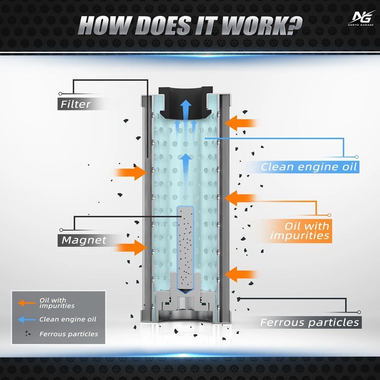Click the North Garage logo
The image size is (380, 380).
361,19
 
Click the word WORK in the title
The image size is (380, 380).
262,26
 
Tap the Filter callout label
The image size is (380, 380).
75,104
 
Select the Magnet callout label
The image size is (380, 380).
84,240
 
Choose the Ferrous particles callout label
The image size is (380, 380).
309,322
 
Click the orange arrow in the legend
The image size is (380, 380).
27,303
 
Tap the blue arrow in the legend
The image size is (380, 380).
27,320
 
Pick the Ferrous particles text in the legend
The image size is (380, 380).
69,334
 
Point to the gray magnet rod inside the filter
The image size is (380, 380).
186,250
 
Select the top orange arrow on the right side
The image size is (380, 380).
241,123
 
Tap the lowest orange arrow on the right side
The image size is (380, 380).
241,274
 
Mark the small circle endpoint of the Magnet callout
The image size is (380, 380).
61,230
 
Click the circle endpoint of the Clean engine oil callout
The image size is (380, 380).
357,157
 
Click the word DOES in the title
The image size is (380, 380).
167,26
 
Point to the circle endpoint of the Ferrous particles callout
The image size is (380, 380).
359,312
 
